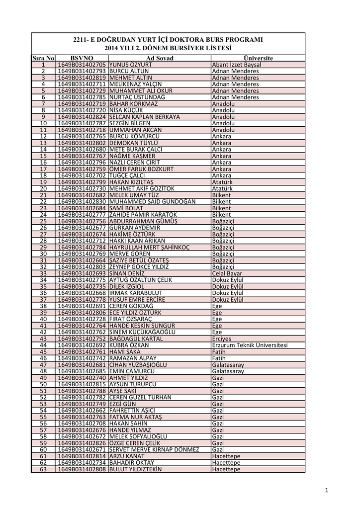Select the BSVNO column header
82,58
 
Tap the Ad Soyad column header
159,58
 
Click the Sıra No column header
43,58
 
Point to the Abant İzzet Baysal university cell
236,65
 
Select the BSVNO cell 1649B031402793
82,71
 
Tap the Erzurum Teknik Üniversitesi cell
250,344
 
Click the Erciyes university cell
221,339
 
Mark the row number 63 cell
43,469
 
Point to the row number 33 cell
43,273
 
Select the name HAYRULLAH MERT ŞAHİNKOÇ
150,247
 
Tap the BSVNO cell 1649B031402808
82,469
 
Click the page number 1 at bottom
327,492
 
